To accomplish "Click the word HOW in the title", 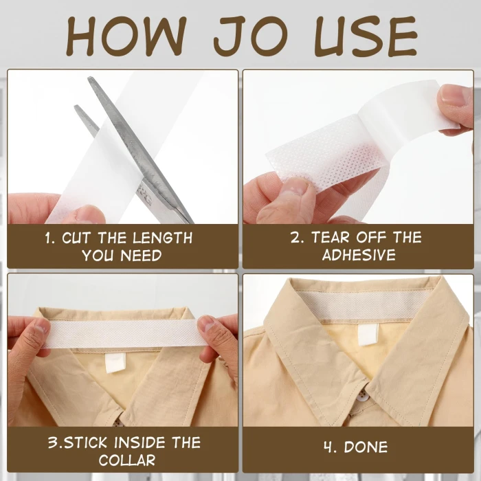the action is point(126,36).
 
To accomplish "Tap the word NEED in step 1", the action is point(142,256).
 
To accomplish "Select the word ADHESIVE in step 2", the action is point(359,255).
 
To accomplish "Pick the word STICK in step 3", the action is point(86,443).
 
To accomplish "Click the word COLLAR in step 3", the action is point(127,460).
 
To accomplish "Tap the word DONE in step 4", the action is point(366,447).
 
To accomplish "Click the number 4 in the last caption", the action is point(329,447).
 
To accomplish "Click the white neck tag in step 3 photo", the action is point(115,363).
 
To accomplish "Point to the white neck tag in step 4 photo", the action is point(368,335).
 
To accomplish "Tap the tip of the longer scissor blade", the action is point(89,78).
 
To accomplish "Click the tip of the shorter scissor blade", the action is point(76,106).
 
